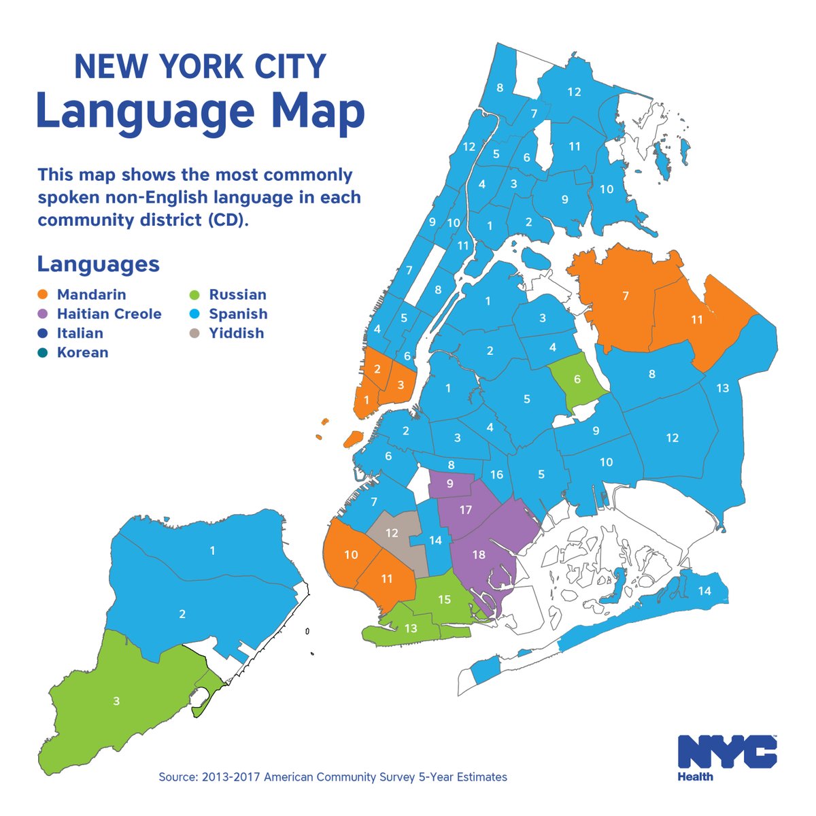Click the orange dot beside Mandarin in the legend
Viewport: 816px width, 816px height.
[x=44, y=295]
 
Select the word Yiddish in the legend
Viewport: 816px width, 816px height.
[x=236, y=333]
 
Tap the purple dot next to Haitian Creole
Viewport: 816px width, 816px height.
[x=44, y=314]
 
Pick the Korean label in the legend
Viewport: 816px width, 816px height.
[x=82, y=352]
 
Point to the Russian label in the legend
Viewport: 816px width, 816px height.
[x=237, y=295]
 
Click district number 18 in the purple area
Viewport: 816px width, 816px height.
[x=479, y=555]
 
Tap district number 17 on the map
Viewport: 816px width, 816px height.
[x=466, y=510]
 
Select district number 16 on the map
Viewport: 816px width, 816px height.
[x=497, y=475]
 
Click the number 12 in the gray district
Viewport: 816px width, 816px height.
[x=392, y=533]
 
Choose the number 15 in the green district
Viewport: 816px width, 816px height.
[x=445, y=600]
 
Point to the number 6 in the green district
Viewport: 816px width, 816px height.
[x=577, y=379]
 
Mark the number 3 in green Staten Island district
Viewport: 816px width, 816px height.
[x=116, y=701]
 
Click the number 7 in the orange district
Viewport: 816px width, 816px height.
[x=625, y=295]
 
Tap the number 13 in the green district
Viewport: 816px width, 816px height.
[x=411, y=629]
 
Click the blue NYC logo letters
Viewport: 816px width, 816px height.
[x=727, y=752]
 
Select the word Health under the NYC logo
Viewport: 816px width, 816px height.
[x=695, y=777]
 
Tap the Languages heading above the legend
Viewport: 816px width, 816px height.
[x=98, y=264]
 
